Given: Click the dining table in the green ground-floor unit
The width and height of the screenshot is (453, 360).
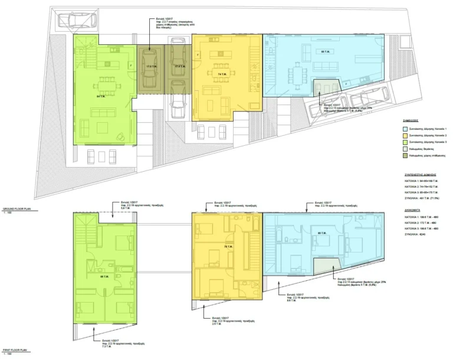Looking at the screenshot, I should [x=107, y=80].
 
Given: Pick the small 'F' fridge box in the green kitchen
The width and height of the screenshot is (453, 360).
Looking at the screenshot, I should [x=130, y=63].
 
